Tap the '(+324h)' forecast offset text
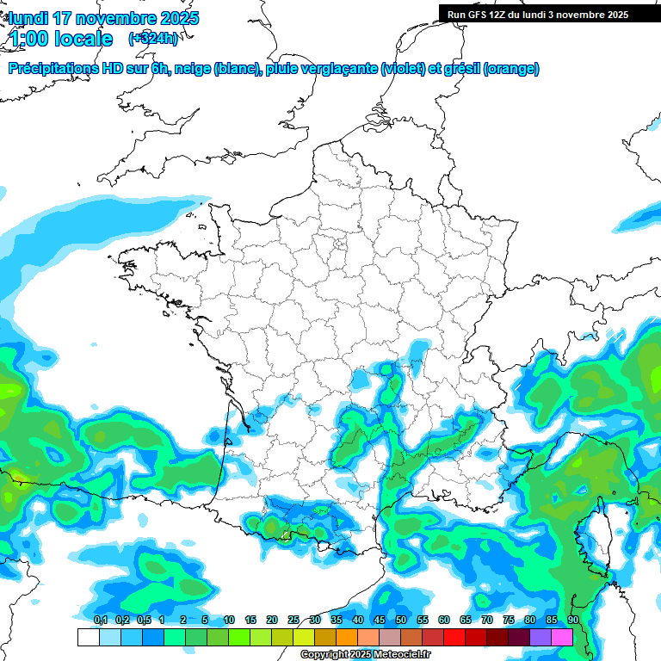153,38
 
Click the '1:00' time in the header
28,39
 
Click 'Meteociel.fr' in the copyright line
400,655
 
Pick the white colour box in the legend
88,637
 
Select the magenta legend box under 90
562,637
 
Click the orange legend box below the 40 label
347,637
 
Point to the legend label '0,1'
101,620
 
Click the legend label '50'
401,620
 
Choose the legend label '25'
293,620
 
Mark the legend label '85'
552,620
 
